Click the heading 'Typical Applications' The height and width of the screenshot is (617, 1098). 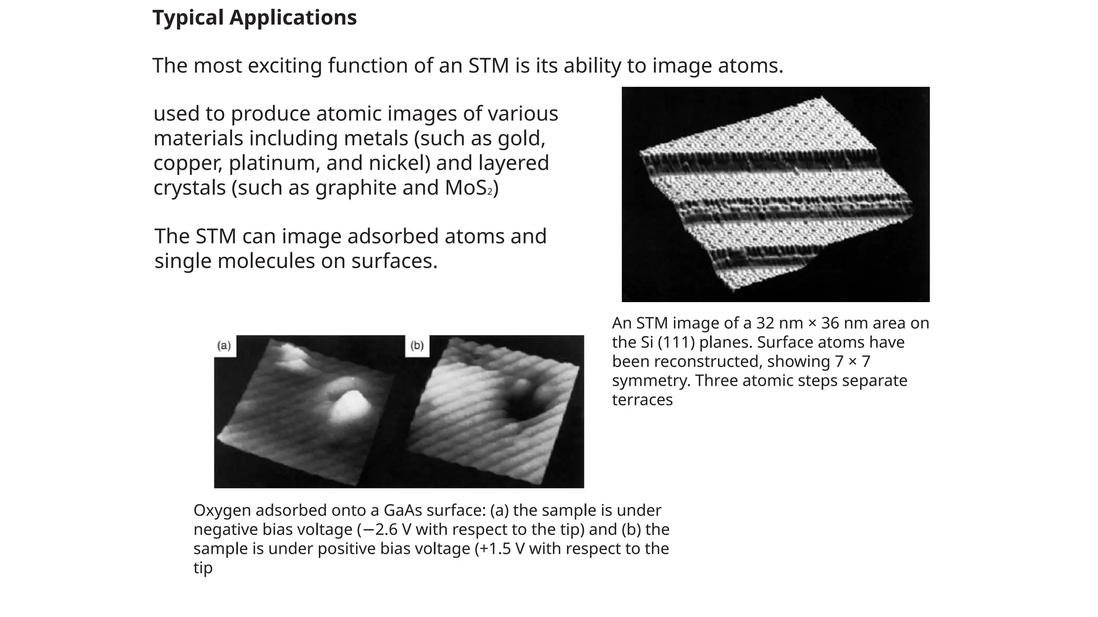[x=254, y=18]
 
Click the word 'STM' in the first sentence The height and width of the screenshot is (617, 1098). [x=488, y=66]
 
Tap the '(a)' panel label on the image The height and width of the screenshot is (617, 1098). [x=224, y=346]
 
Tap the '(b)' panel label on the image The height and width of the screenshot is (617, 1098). [x=417, y=346]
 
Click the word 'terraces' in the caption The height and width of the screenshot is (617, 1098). [x=642, y=400]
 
